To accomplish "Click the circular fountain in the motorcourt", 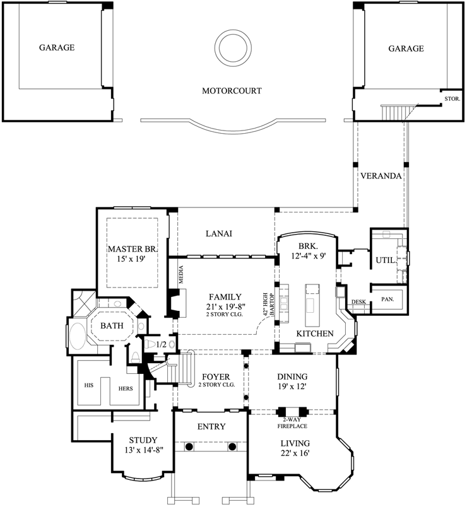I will (232, 46).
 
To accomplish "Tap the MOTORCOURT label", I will (232, 91).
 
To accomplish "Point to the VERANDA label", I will (380, 176).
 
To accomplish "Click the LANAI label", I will (219, 233).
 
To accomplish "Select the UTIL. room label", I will (386, 259).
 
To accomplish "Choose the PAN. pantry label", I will (387, 300).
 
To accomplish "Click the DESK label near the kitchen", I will (358, 302).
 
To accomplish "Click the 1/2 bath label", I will (161, 344).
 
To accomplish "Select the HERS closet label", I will (126, 388).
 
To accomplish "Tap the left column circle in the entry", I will (188, 446).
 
